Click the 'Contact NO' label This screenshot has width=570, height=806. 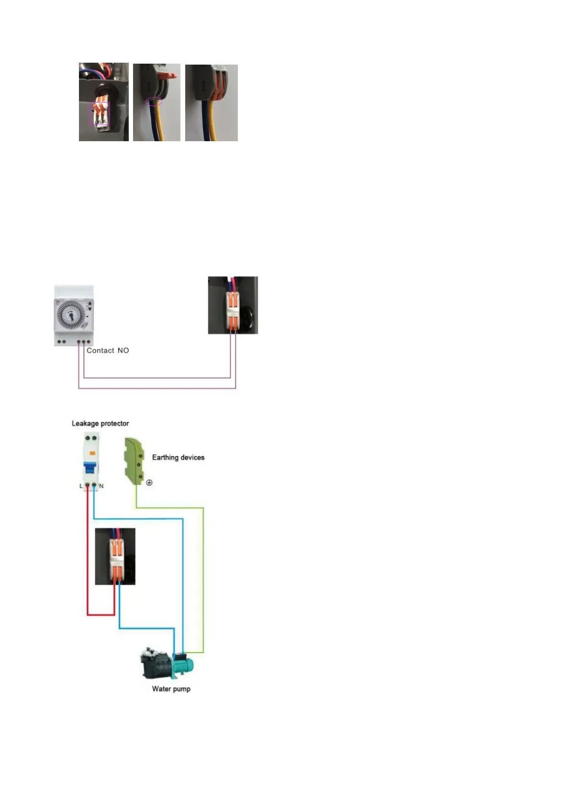pos(108,350)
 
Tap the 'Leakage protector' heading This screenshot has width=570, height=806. pos(100,423)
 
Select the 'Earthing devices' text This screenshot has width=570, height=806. pos(178,457)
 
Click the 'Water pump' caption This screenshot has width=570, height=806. pos(171,689)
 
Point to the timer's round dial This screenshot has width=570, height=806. pos(71,315)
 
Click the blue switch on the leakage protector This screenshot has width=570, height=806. pos(90,467)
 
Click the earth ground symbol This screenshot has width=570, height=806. pos(149,482)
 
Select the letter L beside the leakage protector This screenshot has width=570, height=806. pos(81,486)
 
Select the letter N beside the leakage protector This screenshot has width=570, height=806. pos(101,486)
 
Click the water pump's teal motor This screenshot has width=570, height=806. pos(183,663)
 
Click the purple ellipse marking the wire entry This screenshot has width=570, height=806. pos(154,101)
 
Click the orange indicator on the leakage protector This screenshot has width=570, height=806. pos(93,453)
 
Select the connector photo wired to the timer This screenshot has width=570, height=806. pos(233,305)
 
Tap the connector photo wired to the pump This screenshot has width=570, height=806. pos(115,556)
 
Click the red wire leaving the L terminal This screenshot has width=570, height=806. pos(88,550)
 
